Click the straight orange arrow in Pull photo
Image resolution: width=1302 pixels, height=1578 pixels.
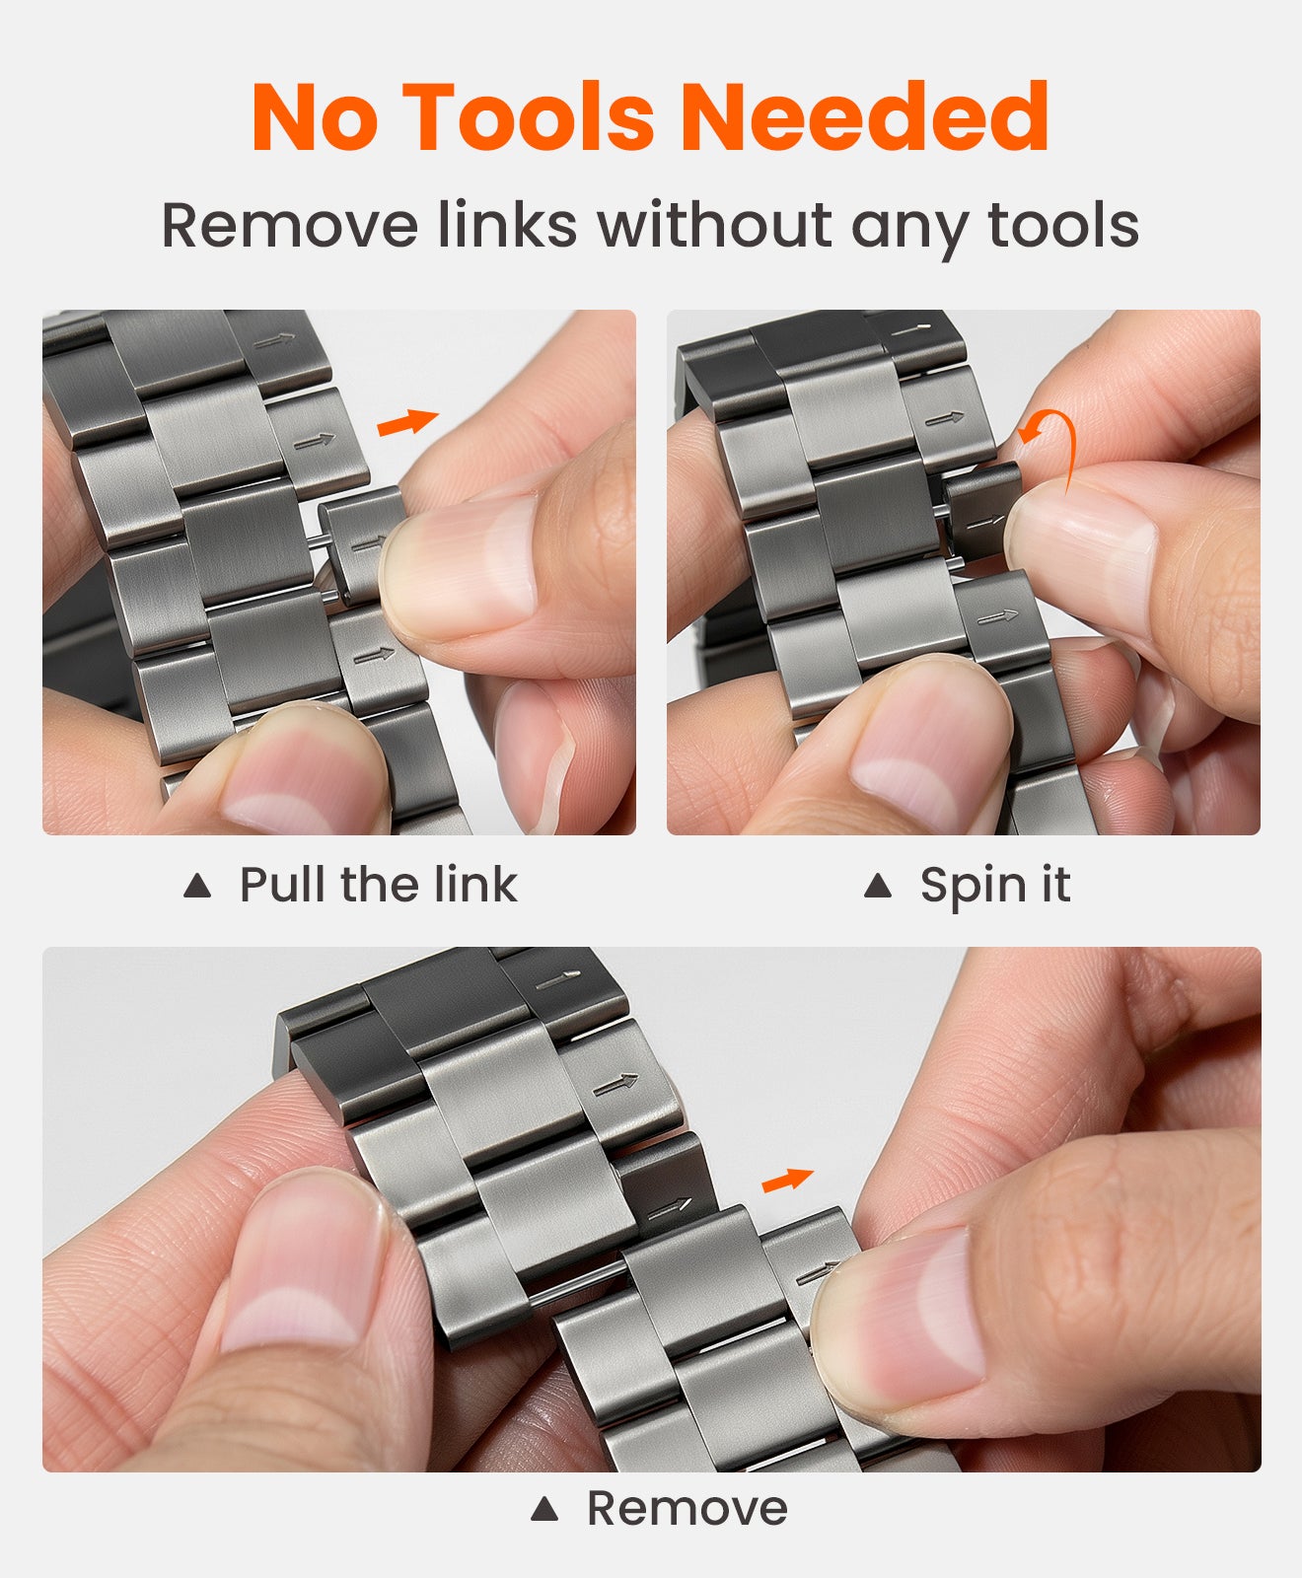click(x=406, y=422)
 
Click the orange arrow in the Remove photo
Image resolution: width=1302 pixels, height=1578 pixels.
click(x=787, y=1180)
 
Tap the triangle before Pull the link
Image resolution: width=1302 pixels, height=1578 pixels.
click(x=197, y=886)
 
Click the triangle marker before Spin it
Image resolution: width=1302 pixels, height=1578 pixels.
click(x=877, y=886)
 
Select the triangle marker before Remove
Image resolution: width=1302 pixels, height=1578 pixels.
click(x=543, y=1508)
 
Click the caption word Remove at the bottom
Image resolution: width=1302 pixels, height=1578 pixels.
click(x=687, y=1508)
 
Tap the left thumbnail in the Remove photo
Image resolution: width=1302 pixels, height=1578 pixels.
click(x=296, y=1272)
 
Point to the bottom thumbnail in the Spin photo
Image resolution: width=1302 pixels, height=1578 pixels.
click(x=927, y=740)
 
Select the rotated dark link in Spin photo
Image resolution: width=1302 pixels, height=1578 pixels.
click(x=981, y=508)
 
